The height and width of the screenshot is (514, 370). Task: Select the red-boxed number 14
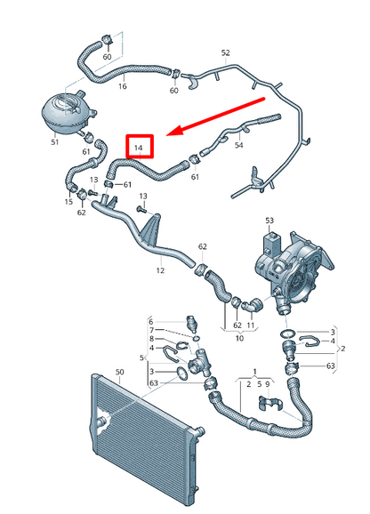pyautogui.click(x=139, y=145)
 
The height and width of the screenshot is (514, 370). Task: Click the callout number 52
pyautogui.click(x=225, y=53)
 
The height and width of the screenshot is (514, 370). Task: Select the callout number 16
pyautogui.click(x=122, y=86)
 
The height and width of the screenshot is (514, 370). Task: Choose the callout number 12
pyautogui.click(x=161, y=269)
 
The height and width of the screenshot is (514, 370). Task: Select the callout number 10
pyautogui.click(x=238, y=339)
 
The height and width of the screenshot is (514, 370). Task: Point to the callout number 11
pyautogui.click(x=251, y=326)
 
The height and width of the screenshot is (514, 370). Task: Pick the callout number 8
pyautogui.click(x=151, y=339)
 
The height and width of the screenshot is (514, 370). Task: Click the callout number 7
pyautogui.click(x=151, y=329)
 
